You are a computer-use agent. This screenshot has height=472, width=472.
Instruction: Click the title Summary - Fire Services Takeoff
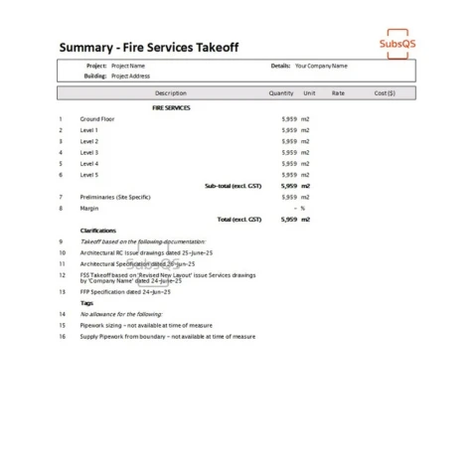[149, 48]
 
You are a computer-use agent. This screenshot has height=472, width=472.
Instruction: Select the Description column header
[171, 93]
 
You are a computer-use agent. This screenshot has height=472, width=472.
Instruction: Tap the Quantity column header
[281, 93]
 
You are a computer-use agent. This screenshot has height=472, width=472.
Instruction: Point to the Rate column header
[338, 93]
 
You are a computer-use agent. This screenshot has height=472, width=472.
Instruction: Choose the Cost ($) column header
[385, 93]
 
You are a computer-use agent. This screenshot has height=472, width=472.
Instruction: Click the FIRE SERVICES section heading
[171, 107]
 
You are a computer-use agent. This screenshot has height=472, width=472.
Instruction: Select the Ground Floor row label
[96, 119]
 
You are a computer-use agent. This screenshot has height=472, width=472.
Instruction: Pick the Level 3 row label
[89, 152]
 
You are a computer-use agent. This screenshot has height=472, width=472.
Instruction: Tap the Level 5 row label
[89, 175]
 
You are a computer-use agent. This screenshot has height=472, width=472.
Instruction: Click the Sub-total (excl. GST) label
[234, 186]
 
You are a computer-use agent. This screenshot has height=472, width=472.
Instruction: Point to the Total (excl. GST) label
[239, 219]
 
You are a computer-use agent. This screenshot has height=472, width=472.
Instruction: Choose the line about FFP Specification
[125, 292]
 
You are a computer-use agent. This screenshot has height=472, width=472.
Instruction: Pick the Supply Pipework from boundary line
[168, 336]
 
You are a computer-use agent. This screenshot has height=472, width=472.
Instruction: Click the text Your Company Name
[321, 66]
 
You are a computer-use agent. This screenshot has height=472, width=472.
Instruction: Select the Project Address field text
[132, 76]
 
